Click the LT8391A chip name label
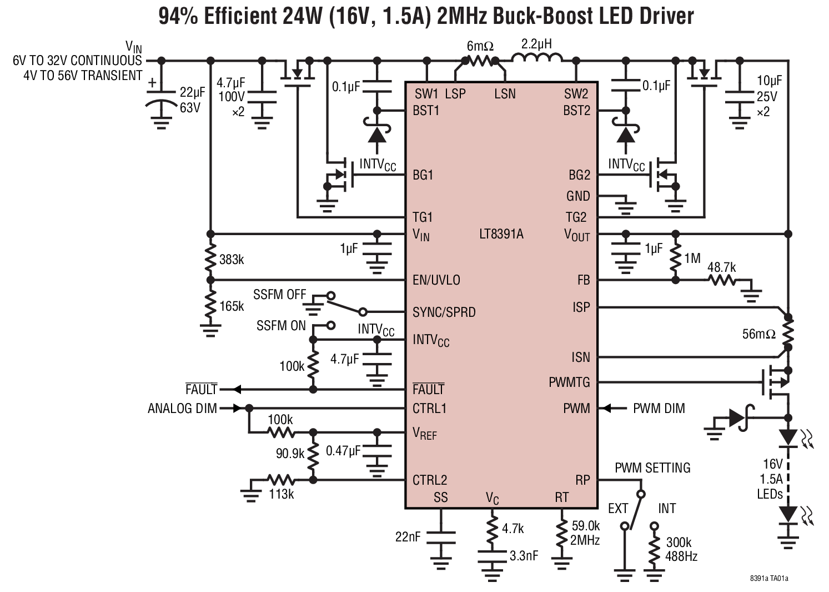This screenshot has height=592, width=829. [501, 234]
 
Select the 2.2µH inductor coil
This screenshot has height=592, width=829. [536, 58]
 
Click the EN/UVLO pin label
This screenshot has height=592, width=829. [436, 280]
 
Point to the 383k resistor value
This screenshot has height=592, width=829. [232, 260]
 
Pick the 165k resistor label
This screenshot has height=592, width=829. [232, 306]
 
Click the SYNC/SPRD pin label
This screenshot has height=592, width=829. [444, 312]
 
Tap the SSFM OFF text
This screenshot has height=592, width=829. [279, 295]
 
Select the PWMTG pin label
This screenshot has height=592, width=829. [569, 382]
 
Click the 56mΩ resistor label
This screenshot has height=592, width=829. [758, 335]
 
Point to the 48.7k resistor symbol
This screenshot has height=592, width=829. [724, 281]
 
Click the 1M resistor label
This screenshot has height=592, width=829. [692, 258]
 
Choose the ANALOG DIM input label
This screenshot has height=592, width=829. [182, 409]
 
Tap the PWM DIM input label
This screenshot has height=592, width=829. [659, 409]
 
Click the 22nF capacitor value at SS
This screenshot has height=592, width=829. [408, 537]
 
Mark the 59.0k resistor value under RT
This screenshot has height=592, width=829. [585, 526]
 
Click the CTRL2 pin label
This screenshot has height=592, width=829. [429, 480]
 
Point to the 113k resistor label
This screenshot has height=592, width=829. [281, 494]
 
